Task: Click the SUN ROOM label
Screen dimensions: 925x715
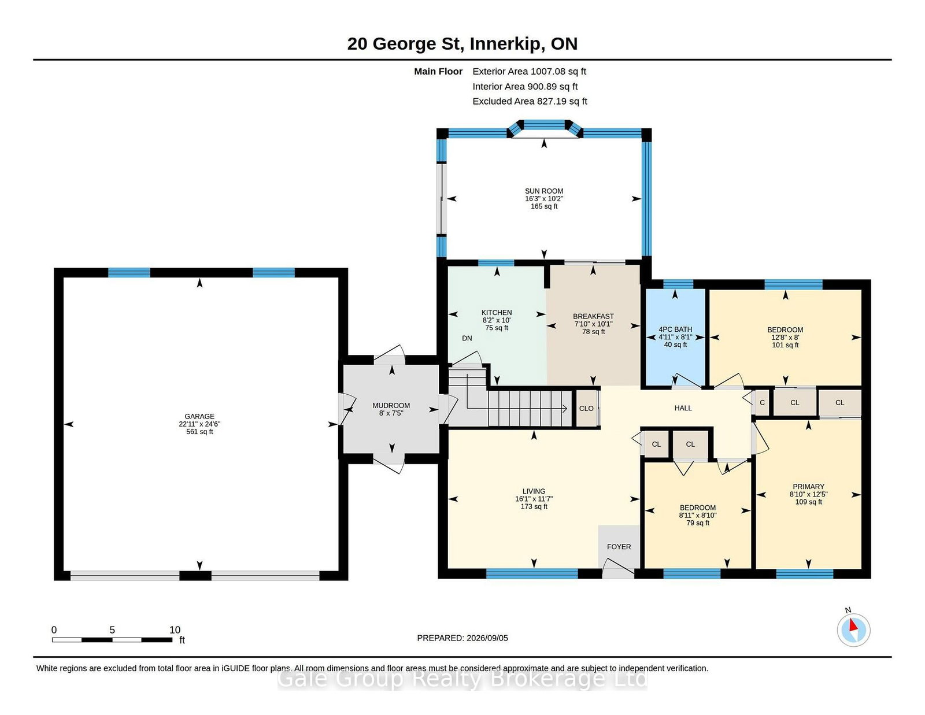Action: pyautogui.click(x=543, y=191)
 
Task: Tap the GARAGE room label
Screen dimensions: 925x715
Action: pyautogui.click(x=199, y=416)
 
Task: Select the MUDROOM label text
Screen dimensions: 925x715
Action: pyautogui.click(x=391, y=406)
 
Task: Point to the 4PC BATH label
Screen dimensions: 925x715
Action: pyautogui.click(x=675, y=329)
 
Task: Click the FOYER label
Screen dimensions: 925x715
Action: pyautogui.click(x=619, y=547)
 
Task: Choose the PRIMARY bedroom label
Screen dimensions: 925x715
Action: pyautogui.click(x=808, y=487)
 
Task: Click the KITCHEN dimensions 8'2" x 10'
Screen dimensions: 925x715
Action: pyautogui.click(x=497, y=320)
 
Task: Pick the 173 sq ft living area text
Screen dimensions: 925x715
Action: pyautogui.click(x=534, y=506)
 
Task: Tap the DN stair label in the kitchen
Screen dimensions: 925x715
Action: pyautogui.click(x=467, y=338)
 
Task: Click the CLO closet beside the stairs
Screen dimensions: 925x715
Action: pyautogui.click(x=586, y=409)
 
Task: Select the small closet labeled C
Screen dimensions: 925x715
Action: pyautogui.click(x=762, y=403)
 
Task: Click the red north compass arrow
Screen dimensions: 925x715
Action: pyautogui.click(x=853, y=625)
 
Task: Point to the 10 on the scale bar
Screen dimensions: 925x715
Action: pyautogui.click(x=175, y=630)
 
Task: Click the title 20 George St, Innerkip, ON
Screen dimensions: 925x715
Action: pyautogui.click(x=462, y=44)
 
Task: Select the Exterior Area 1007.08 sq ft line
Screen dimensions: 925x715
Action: pyautogui.click(x=529, y=72)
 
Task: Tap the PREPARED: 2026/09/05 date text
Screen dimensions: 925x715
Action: pyautogui.click(x=462, y=638)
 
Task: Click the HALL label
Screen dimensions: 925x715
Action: pyautogui.click(x=683, y=408)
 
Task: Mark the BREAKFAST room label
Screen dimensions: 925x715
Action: pyautogui.click(x=593, y=316)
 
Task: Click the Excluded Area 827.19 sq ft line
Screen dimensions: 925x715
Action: pyautogui.click(x=530, y=101)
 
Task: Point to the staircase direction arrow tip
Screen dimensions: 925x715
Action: pyautogui.click(x=567, y=409)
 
